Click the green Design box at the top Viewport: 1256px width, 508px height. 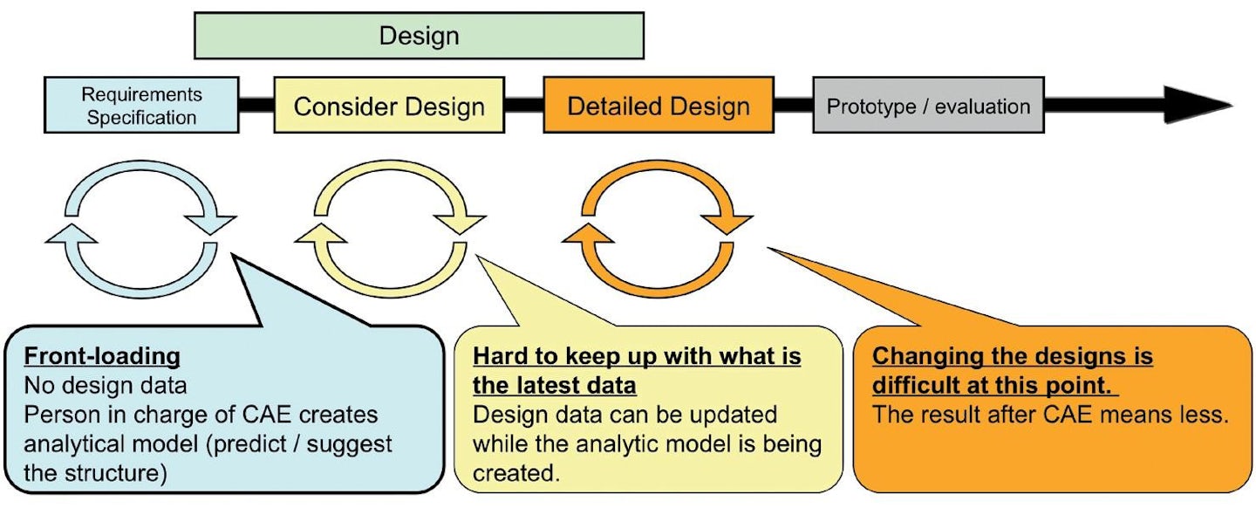[x=419, y=36]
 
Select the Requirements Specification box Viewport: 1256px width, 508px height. [x=142, y=105]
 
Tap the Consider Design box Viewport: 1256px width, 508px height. [x=389, y=105]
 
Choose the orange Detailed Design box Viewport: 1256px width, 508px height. [x=659, y=105]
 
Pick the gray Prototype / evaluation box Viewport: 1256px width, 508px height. [x=929, y=105]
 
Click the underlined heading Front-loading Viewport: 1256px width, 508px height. [x=102, y=356]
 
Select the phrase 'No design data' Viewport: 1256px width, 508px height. [x=106, y=386]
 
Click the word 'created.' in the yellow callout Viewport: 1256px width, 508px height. [x=516, y=473]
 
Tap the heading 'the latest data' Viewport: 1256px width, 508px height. [x=555, y=386]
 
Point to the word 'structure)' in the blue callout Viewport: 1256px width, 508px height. [x=116, y=473]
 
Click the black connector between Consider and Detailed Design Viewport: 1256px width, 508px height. [x=524, y=105]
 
